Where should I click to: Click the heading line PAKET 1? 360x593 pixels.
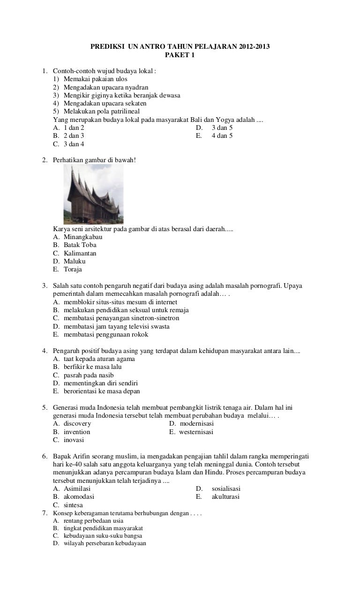[x=180, y=55]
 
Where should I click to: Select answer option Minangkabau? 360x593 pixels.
[x=83, y=237]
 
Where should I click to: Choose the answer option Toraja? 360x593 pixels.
[x=73, y=270]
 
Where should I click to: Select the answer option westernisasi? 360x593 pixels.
[x=196, y=432]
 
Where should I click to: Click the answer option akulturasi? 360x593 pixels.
[x=225, y=496]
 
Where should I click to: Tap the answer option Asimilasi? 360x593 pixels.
[x=77, y=488]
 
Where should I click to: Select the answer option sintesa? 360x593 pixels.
[x=73, y=505]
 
